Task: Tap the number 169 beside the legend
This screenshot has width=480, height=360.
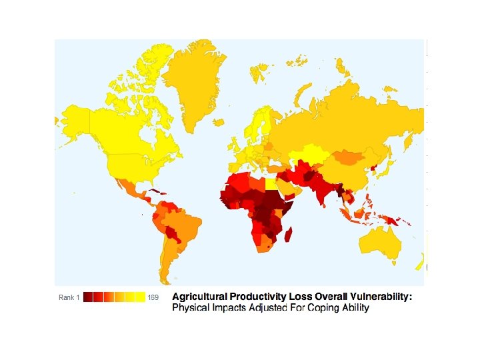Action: pos(153,297)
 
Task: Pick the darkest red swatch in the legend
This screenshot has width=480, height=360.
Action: pos(87,297)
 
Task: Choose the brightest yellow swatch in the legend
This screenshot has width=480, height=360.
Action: pos(141,297)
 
